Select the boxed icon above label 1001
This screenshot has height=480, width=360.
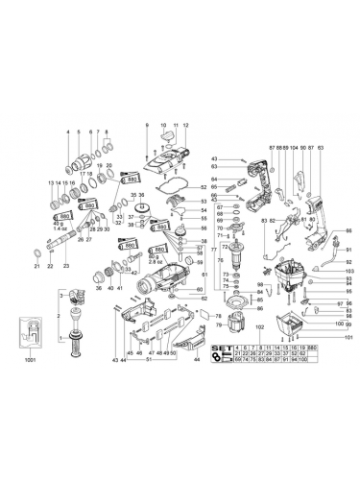(x=30, y=332)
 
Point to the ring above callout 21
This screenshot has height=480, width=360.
(x=36, y=252)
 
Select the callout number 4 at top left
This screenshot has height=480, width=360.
(x=68, y=132)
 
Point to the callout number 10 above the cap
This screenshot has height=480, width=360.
(x=163, y=126)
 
